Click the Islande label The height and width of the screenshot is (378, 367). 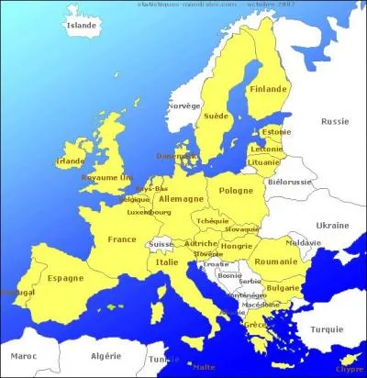pyautogui.click(x=81, y=26)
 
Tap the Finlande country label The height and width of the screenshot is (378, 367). pyautogui.click(x=269, y=89)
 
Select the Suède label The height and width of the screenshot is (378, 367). pyautogui.click(x=217, y=117)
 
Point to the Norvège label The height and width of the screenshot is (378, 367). pyautogui.click(x=182, y=106)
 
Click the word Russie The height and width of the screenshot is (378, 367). pyautogui.click(x=335, y=120)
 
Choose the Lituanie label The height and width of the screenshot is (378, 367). pyautogui.click(x=266, y=161)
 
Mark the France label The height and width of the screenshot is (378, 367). pyautogui.click(x=122, y=239)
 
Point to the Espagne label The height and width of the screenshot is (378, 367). pyautogui.click(x=65, y=278)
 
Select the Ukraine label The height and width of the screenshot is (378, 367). pyautogui.click(x=332, y=225)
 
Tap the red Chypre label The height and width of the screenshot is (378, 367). pyautogui.click(x=349, y=369)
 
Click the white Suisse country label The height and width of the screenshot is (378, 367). pyautogui.click(x=161, y=245)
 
